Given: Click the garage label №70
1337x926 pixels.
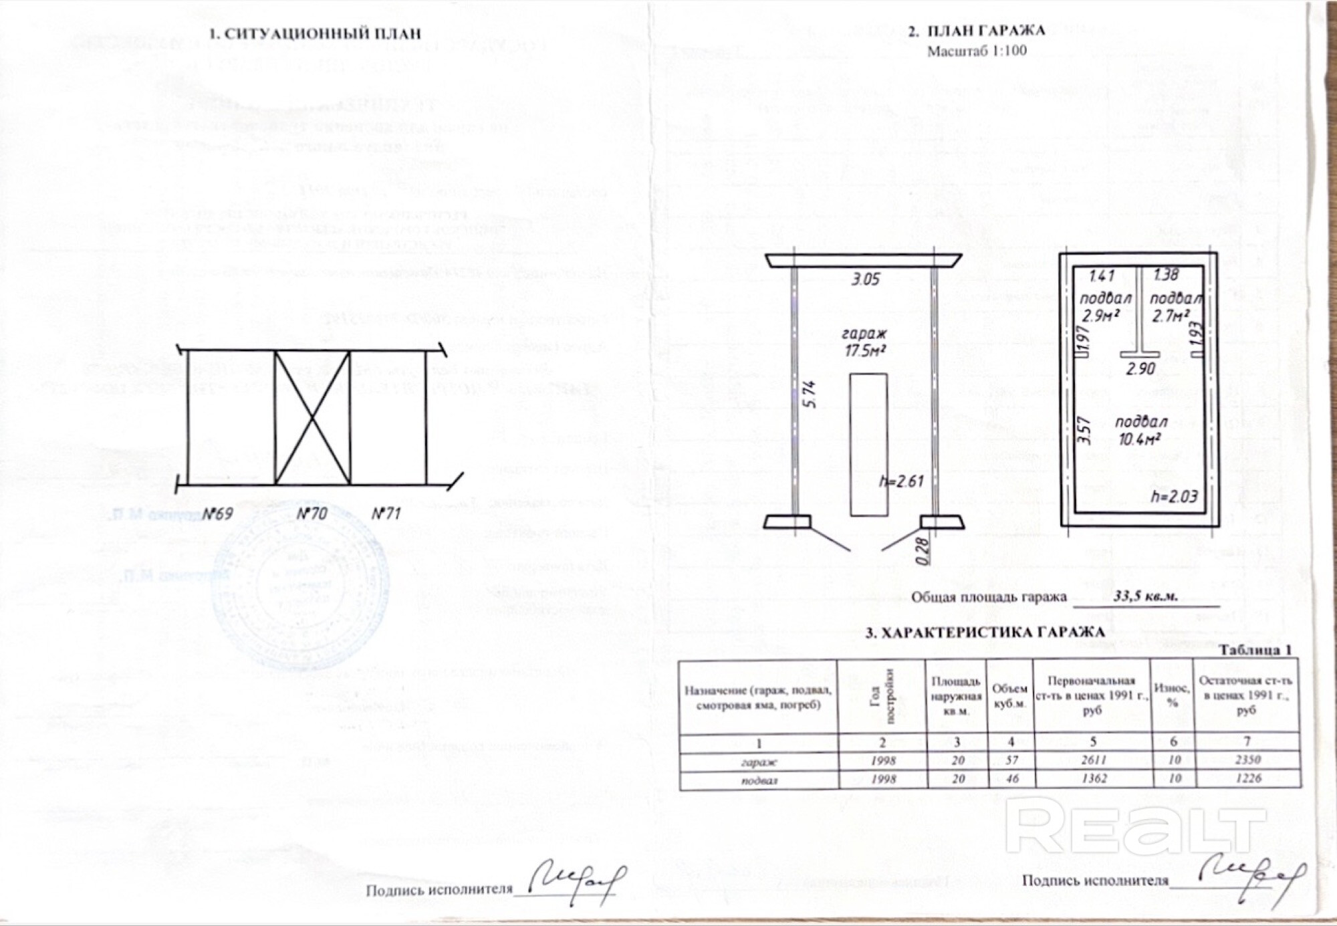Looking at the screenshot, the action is (312, 513).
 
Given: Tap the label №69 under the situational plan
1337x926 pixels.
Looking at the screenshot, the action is (217, 513).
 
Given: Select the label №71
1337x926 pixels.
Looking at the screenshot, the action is (386, 513).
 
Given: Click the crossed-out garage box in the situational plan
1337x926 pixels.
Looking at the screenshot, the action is (312, 418).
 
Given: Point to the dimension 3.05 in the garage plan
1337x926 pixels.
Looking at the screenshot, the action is (865, 279).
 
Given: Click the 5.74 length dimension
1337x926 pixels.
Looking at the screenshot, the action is (810, 394).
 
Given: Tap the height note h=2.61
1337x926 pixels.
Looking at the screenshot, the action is (900, 481).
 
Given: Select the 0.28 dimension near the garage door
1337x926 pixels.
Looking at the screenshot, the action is (923, 552).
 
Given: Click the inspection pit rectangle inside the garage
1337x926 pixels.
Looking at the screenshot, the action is (868, 445).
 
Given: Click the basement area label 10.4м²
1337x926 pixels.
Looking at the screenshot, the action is (1139, 439).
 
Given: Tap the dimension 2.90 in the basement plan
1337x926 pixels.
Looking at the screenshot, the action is (1140, 368).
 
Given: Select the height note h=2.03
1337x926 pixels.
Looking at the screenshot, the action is (1174, 496).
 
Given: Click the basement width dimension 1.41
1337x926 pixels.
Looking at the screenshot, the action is (1101, 275).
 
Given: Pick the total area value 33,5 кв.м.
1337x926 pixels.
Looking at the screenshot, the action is (1145, 596).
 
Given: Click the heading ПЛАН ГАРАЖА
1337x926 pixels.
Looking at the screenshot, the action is (985, 31).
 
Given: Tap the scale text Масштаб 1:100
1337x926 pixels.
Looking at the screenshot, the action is (977, 51).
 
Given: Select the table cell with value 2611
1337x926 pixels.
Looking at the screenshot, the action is (1094, 760).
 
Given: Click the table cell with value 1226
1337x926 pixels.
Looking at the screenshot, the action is (1247, 778).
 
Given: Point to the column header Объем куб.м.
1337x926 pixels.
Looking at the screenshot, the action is (1009, 696).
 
